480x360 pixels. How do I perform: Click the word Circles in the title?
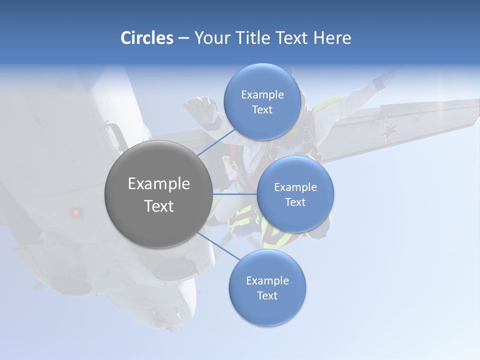[x=146, y=38]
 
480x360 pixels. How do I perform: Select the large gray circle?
[x=158, y=194]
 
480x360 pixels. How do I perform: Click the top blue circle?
[x=262, y=101]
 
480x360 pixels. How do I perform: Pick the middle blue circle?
[x=295, y=194]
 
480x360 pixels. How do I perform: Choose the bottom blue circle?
[x=267, y=287]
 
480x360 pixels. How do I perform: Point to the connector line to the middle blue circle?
[x=234, y=194]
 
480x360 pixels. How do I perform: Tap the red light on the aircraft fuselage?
[x=75, y=212]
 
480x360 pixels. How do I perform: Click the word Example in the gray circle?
[x=158, y=184]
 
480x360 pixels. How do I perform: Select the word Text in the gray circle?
[x=158, y=206]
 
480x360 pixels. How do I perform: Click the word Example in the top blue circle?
[x=262, y=95]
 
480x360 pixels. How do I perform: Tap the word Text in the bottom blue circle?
[x=267, y=296]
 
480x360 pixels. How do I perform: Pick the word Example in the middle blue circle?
[x=295, y=187]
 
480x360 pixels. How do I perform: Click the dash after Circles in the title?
[x=183, y=38]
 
